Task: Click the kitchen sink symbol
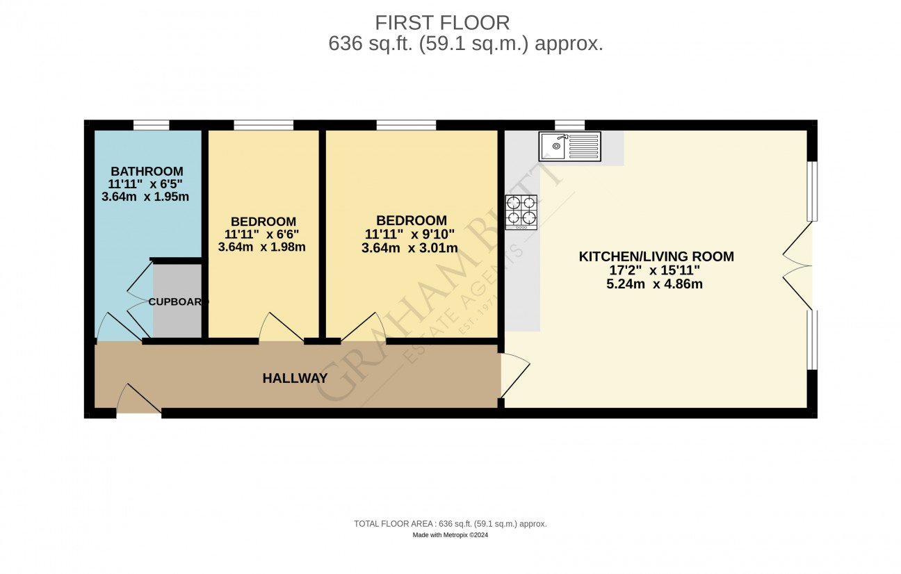point(570,147)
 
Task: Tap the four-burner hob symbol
point(521,212)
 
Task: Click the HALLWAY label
point(295,378)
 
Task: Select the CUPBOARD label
point(179,302)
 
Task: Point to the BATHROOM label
point(147,171)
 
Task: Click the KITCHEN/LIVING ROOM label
point(656,256)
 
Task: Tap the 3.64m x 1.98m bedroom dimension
point(262,247)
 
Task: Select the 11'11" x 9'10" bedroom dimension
point(409,234)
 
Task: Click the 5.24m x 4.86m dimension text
point(654,284)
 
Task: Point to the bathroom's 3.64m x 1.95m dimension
point(145,197)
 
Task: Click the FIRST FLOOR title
point(442,22)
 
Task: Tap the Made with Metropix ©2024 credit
point(450,535)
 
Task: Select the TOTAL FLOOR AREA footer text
point(450,524)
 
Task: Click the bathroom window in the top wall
point(152,125)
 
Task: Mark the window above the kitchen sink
point(569,125)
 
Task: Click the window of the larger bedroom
point(406,125)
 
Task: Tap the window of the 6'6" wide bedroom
point(263,125)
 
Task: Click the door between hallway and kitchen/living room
point(515,375)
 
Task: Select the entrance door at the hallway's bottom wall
point(139,399)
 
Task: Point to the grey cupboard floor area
point(177,301)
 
